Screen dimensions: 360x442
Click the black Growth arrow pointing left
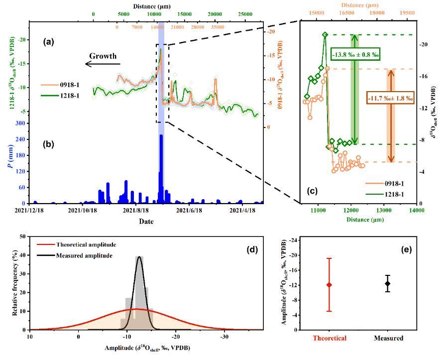coord(103,63)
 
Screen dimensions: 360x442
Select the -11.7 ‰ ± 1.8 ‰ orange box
coord(390,98)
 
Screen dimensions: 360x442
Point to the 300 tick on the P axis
coord(22,123)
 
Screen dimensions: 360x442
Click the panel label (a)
coord(48,42)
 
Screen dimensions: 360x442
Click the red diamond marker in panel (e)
coord(329,285)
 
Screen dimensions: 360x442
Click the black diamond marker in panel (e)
coord(388,283)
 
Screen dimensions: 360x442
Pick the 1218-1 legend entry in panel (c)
coord(394,194)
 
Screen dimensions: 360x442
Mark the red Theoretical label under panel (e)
coord(329,339)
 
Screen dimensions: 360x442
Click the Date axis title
coord(146,221)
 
